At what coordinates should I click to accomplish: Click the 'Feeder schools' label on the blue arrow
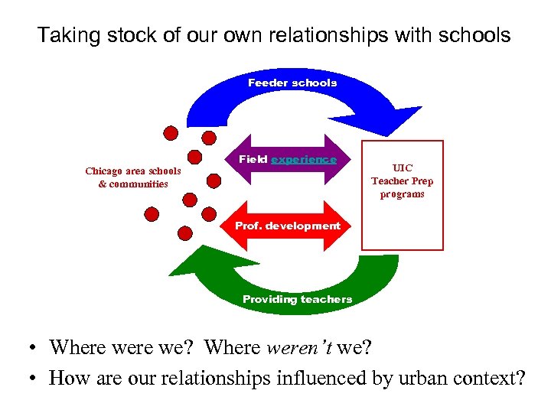tap(292, 83)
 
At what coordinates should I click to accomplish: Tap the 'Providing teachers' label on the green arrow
tap(297, 299)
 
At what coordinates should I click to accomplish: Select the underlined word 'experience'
tap(304, 159)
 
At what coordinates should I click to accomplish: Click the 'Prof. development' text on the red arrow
tap(287, 226)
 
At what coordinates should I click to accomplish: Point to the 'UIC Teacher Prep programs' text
tap(402, 180)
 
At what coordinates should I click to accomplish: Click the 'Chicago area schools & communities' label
tap(133, 177)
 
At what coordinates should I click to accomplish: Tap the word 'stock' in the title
tap(112, 35)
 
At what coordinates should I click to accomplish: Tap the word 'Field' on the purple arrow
tap(253, 159)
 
